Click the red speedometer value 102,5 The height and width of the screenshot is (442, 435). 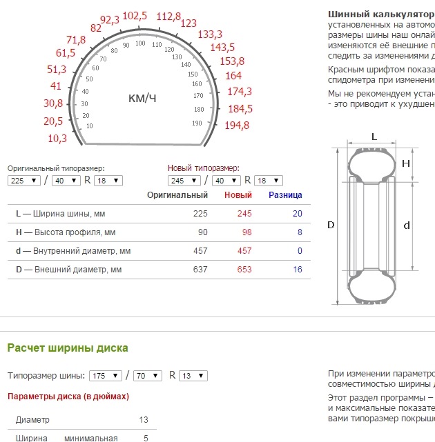(x=135, y=16)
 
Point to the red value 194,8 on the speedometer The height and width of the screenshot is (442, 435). (x=237, y=125)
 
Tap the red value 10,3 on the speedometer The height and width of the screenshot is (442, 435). (x=57, y=138)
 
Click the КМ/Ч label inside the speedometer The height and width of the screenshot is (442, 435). (x=142, y=99)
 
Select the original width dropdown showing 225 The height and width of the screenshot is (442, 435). (x=24, y=181)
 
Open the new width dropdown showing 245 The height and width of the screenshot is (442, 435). (x=184, y=181)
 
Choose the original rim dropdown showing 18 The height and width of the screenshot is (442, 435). (x=109, y=181)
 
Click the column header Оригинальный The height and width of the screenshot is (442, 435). (x=177, y=195)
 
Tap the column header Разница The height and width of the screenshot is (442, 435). (x=285, y=195)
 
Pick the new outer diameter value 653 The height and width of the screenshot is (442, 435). (x=244, y=269)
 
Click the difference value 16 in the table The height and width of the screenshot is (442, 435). (x=297, y=269)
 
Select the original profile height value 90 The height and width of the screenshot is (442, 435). (x=202, y=232)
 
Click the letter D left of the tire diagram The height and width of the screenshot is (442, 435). (x=331, y=225)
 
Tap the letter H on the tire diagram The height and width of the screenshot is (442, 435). (x=406, y=163)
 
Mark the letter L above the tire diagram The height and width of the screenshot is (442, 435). (x=374, y=137)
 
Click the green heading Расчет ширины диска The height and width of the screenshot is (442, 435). (x=68, y=348)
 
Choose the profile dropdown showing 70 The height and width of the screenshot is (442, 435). (x=147, y=376)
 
